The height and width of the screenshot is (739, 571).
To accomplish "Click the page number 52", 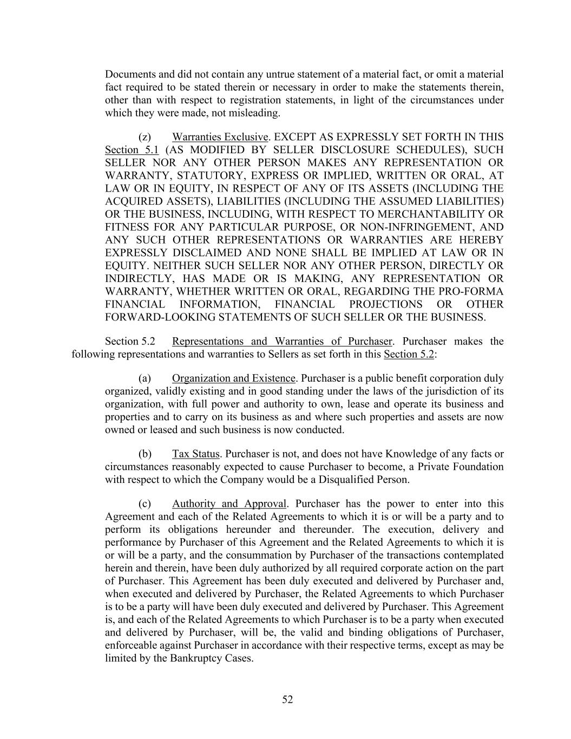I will (x=287, y=699).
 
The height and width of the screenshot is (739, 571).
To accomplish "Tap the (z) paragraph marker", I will (x=145, y=137).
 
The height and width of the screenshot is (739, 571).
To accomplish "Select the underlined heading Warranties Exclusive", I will (x=220, y=137).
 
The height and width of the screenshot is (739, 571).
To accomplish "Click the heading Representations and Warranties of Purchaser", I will (x=282, y=341).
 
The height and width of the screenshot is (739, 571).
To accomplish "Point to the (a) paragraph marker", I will (x=145, y=378).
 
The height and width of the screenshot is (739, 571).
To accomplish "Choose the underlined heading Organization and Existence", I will (x=234, y=378).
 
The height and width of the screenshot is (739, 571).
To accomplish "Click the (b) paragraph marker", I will (x=145, y=454).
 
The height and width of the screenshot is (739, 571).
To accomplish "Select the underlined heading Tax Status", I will (x=195, y=454).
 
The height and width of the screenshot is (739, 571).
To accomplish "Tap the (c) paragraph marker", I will (x=145, y=503).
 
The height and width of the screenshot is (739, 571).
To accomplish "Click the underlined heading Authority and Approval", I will (x=229, y=503).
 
